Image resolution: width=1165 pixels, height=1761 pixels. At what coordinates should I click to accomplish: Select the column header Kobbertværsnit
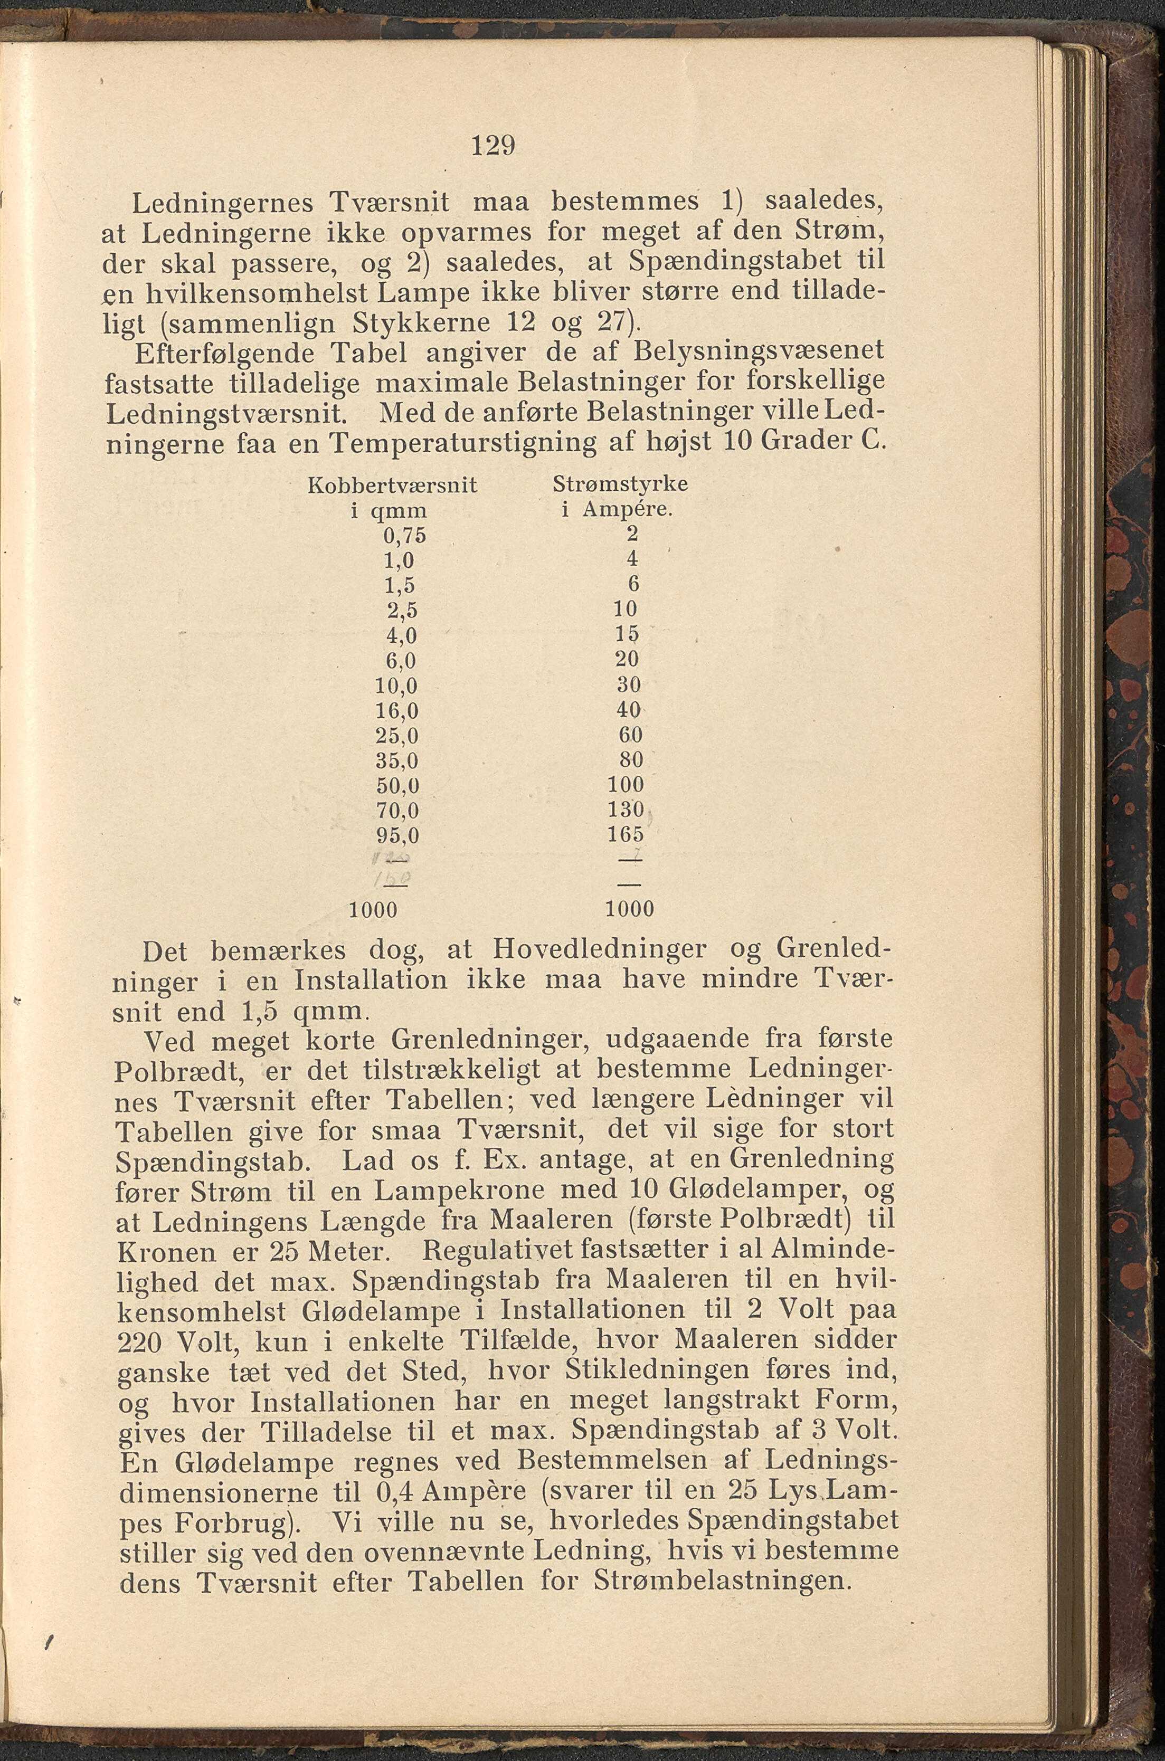click(x=392, y=485)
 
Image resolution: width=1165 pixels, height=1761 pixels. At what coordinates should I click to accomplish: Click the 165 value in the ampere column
click(x=625, y=834)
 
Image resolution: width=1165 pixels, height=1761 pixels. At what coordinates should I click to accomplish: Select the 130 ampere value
click(x=625, y=809)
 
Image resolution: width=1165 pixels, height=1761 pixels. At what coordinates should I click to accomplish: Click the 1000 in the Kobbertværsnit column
click(x=373, y=910)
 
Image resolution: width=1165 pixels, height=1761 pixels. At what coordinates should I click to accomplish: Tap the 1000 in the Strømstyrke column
click(x=629, y=909)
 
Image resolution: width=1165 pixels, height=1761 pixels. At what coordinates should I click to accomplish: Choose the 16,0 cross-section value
click(x=397, y=711)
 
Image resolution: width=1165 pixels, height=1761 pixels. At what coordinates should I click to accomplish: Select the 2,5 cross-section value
click(x=402, y=611)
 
